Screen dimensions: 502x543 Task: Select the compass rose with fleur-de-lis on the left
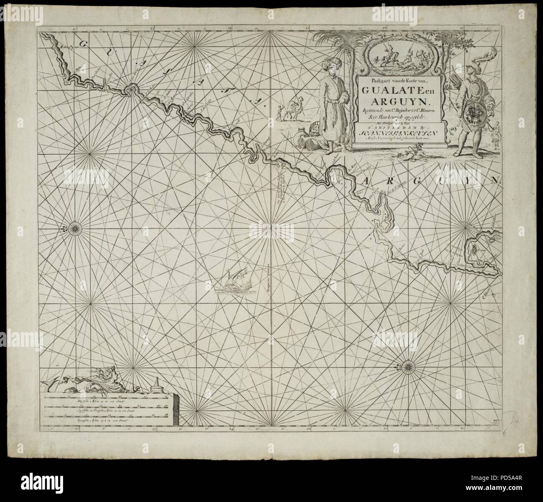(75, 227)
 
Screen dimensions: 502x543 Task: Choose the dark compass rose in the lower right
(407, 366)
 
